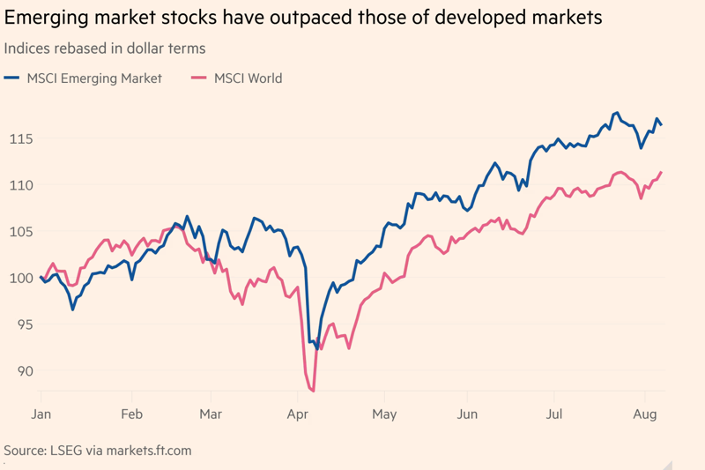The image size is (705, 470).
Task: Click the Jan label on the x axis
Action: [x=41, y=414]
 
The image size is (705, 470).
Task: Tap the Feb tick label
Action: [x=131, y=414]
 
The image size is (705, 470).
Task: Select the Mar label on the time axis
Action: [x=211, y=414]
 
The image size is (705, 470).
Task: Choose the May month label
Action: [x=384, y=414]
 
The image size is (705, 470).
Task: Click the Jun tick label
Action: [x=469, y=414]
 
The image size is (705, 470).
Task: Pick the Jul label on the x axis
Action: [x=555, y=414]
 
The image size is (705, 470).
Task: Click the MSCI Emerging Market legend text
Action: [x=94, y=78]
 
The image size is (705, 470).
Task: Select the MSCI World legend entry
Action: [x=248, y=78]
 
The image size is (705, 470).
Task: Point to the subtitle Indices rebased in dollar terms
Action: [x=104, y=48]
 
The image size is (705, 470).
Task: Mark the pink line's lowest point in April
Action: [x=313, y=391]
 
